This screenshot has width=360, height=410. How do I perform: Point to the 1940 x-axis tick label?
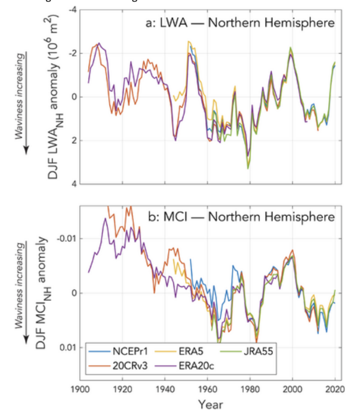(165, 388)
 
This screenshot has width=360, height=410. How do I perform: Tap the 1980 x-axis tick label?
(250, 388)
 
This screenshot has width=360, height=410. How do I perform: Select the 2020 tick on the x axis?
(334, 388)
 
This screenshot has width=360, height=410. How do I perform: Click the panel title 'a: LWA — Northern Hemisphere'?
(239, 23)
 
